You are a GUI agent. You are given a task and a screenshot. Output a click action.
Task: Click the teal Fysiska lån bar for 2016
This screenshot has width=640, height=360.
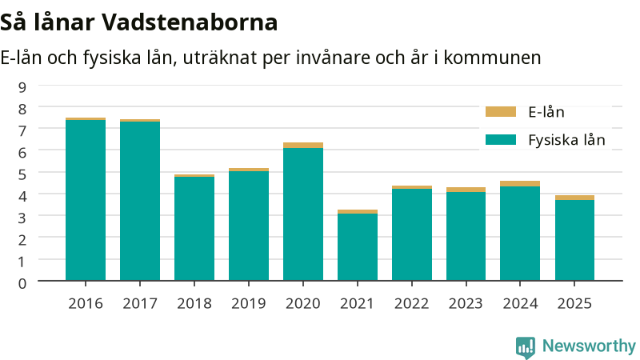pyautogui.click(x=86, y=200)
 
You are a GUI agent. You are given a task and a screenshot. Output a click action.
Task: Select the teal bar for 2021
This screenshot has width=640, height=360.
pyautogui.click(x=358, y=247)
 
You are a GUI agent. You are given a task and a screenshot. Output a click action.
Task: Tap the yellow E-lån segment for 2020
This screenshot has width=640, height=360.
pyautogui.click(x=303, y=146)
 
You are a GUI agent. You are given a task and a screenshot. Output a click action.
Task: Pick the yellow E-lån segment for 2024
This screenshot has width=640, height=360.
pyautogui.click(x=520, y=184)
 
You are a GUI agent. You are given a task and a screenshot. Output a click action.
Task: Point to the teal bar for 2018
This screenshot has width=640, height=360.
pyautogui.click(x=194, y=229)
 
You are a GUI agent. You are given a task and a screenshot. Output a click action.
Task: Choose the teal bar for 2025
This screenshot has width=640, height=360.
pyautogui.click(x=574, y=241)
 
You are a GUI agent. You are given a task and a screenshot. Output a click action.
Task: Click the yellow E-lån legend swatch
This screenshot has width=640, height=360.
pyautogui.click(x=501, y=112)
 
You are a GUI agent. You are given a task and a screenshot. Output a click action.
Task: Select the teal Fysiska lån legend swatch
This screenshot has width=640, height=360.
pyautogui.click(x=501, y=139)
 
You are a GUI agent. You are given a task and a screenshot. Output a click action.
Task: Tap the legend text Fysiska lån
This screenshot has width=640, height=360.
pyautogui.click(x=566, y=140)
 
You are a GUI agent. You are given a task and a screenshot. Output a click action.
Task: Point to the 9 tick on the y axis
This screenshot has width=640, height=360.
pyautogui.click(x=22, y=87)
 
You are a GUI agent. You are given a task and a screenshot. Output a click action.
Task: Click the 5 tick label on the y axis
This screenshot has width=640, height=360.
pyautogui.click(x=22, y=174)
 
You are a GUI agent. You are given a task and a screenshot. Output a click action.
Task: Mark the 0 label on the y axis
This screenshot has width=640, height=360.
pyautogui.click(x=22, y=283)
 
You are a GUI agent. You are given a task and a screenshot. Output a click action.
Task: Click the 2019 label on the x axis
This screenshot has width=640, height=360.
pyautogui.click(x=249, y=304)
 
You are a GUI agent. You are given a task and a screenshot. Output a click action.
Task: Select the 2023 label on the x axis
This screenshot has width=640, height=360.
pyautogui.click(x=466, y=304)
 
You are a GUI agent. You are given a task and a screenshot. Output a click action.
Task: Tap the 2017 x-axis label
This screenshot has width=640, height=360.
pyautogui.click(x=140, y=304)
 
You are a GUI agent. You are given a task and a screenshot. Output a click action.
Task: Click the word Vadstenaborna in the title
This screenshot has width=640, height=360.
pyautogui.click(x=190, y=22)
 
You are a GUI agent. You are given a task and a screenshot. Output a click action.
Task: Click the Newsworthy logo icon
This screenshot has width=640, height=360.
pyautogui.click(x=526, y=347)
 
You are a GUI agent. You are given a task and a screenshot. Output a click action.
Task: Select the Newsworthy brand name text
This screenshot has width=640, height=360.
pyautogui.click(x=589, y=346)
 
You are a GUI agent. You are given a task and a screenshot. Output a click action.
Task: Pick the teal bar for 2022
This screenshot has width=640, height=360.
pyautogui.click(x=412, y=234)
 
